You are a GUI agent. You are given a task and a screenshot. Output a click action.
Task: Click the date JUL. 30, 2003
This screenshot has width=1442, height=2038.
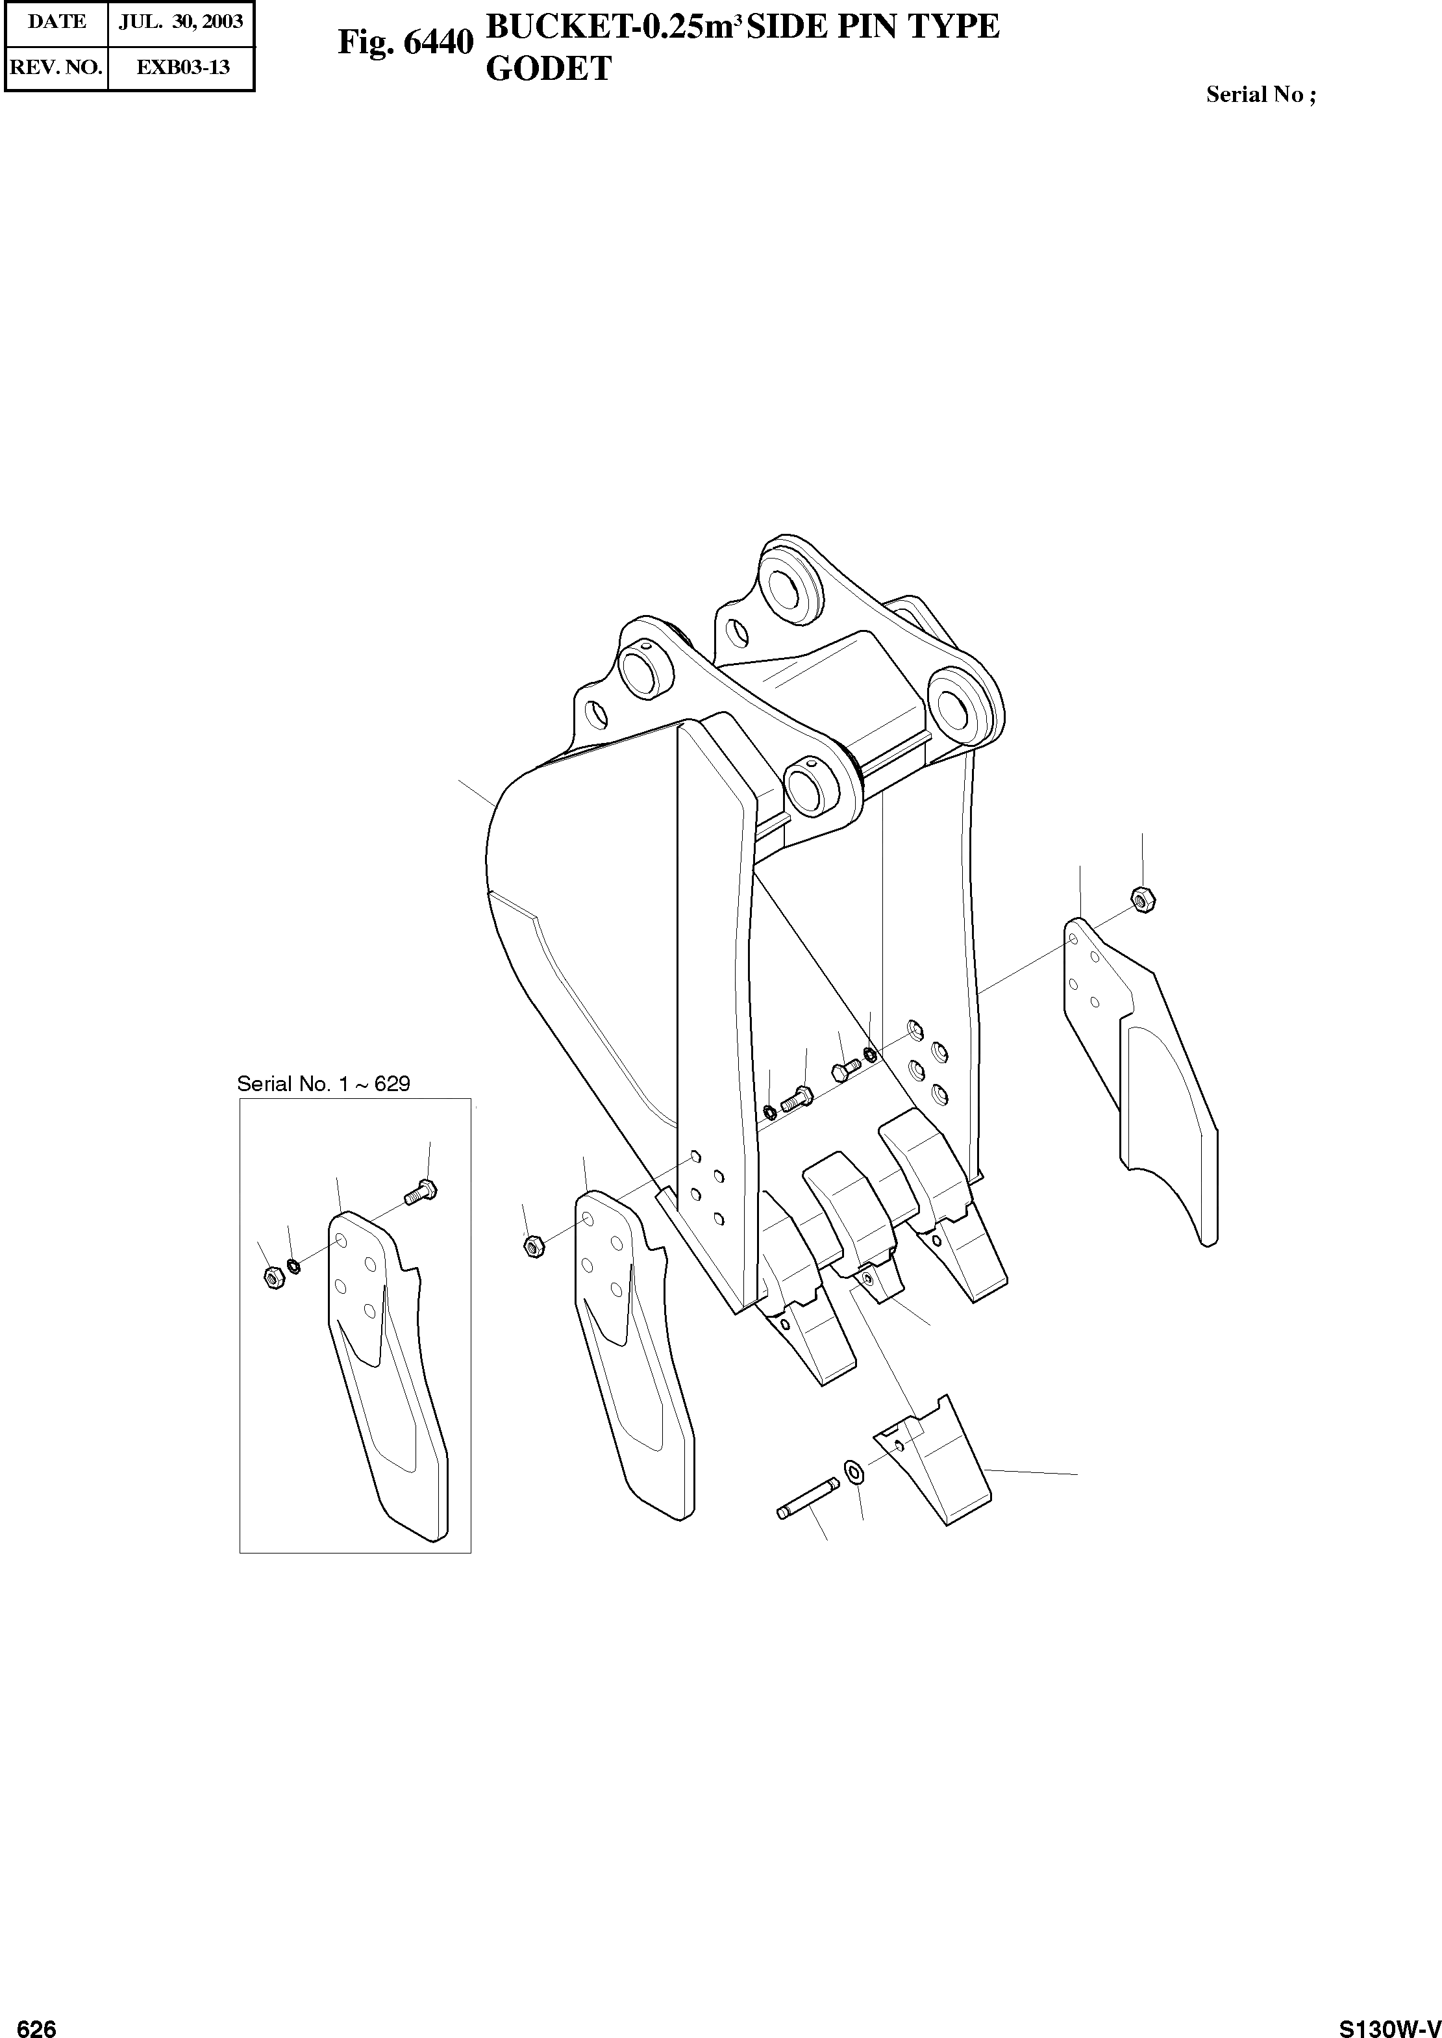click(x=181, y=22)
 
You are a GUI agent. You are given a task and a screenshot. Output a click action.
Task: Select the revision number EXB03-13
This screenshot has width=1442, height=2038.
click(x=182, y=68)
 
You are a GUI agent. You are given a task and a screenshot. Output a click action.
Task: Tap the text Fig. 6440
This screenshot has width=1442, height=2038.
click(x=405, y=42)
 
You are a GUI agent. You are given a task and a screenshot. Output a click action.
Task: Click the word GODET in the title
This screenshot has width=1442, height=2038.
click(x=549, y=69)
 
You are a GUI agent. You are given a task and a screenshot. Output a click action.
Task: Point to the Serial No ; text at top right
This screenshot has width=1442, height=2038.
click(x=1260, y=95)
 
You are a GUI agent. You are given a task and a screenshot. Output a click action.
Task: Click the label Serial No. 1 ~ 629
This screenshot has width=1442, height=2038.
click(x=323, y=1083)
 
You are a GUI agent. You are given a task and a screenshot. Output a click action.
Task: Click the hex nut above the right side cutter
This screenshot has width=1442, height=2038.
click(x=1142, y=899)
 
